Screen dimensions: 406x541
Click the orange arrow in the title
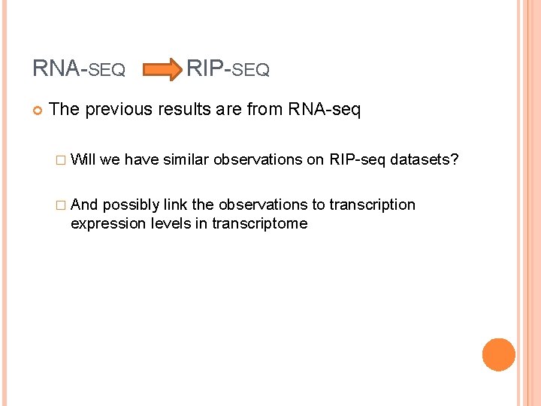pos(161,71)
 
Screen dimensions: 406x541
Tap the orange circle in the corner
pos(499,355)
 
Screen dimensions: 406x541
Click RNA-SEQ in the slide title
pos(79,70)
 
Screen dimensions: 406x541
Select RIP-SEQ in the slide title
pos(228,70)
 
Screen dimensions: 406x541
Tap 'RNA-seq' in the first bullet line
pos(324,110)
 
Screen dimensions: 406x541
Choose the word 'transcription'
pos(372,205)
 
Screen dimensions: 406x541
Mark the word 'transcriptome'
pos(259,223)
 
